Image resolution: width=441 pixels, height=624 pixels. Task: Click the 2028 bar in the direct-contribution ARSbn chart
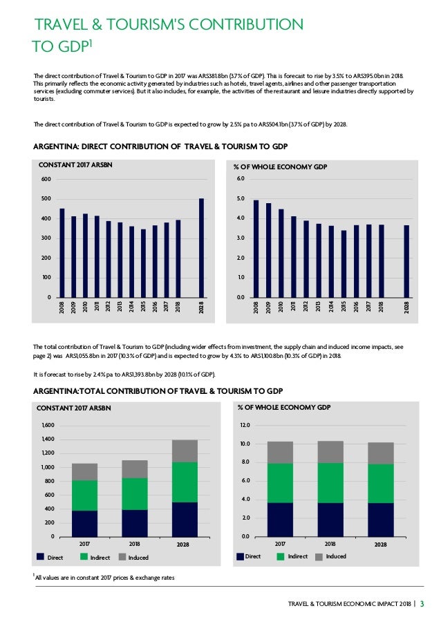(201, 248)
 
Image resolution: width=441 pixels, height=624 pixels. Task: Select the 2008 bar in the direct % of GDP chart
(256, 249)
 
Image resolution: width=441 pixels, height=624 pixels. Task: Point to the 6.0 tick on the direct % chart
(241, 179)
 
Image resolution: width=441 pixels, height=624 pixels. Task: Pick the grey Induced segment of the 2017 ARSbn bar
(84, 471)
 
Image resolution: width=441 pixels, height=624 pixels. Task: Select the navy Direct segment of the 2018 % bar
(330, 519)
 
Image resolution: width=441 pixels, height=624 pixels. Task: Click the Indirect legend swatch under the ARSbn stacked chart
(85, 556)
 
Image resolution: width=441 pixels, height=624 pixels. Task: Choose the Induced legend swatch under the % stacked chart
(319, 556)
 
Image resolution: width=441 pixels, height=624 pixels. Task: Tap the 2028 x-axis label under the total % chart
(381, 545)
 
